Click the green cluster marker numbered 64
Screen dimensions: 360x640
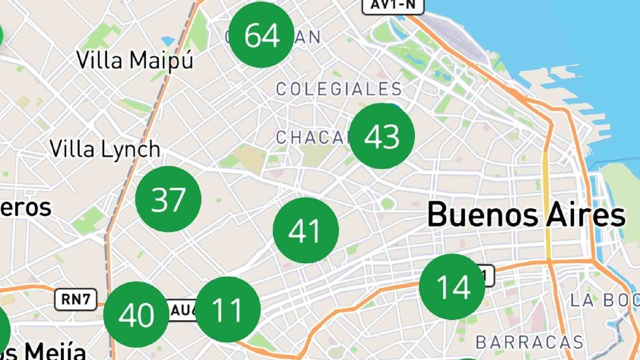(262, 35)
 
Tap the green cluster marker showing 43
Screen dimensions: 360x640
(382, 136)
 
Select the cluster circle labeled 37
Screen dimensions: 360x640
(168, 199)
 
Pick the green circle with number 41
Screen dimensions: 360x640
(306, 230)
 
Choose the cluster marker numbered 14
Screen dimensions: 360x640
(452, 287)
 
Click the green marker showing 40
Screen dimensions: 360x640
(136, 314)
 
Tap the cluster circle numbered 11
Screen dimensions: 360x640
(228, 310)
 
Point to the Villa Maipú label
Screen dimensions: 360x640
(135, 61)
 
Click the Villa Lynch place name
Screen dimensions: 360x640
(105, 149)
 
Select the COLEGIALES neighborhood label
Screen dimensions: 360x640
(339, 89)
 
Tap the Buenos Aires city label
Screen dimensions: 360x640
(526, 215)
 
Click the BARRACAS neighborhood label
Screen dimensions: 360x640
(529, 342)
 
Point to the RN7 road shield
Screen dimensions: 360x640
(76, 299)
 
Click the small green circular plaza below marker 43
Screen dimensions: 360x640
(387, 203)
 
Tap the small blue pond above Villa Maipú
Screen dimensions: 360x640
(168, 41)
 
